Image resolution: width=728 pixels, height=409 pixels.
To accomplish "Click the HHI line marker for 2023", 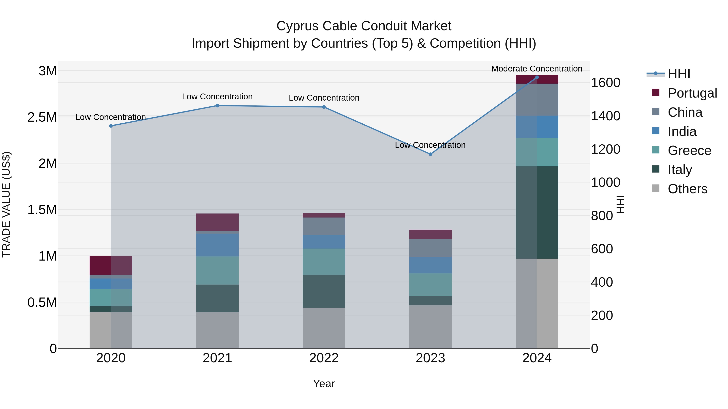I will [x=430, y=154].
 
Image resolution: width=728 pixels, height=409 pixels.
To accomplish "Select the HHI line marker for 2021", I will [x=217, y=106].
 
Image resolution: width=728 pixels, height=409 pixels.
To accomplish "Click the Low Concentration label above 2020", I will [x=110, y=117].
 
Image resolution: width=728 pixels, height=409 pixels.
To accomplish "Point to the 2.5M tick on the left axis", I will [x=42, y=117].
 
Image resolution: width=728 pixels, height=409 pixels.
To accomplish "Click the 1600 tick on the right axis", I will [x=605, y=83].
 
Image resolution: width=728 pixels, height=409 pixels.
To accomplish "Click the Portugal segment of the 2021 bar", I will [x=217, y=222].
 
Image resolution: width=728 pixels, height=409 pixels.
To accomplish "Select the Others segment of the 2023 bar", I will [x=430, y=327].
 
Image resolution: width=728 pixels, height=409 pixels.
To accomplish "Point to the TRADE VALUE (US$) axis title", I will [x=6, y=204].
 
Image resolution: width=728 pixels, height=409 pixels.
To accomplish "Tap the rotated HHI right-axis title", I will [x=620, y=204].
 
